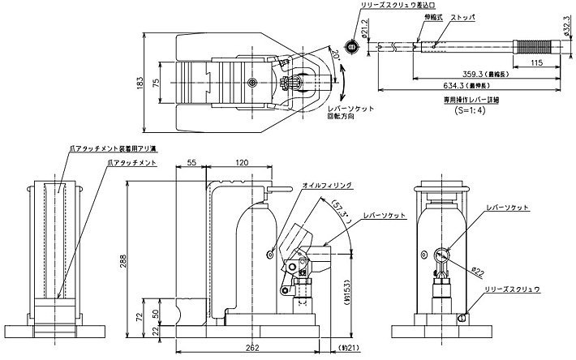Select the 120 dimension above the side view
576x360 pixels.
[241, 163]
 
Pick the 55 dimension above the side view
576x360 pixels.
[191, 163]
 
